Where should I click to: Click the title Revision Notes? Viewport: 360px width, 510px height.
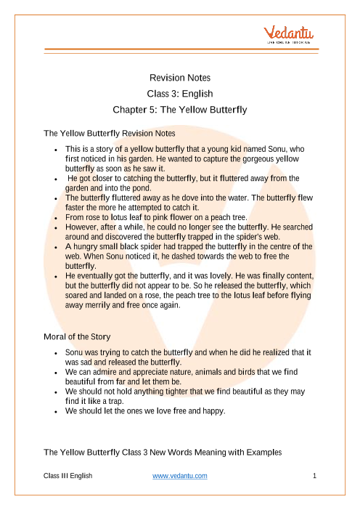point(180,77)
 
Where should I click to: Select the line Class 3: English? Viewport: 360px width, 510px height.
point(180,94)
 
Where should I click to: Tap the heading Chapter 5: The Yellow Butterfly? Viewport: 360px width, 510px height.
point(180,110)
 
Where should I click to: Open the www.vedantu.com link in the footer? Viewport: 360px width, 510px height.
point(180,476)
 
